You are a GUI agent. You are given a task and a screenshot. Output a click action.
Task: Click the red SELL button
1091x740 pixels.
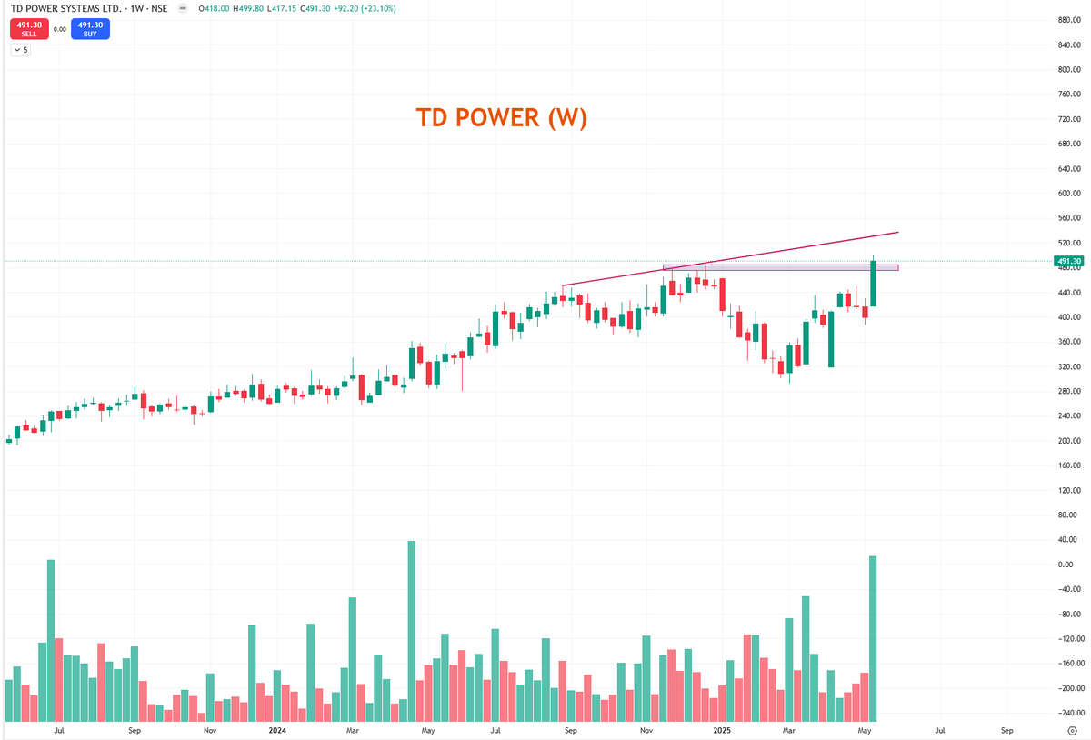tap(28, 29)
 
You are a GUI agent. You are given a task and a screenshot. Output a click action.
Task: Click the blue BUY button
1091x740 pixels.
tap(90, 29)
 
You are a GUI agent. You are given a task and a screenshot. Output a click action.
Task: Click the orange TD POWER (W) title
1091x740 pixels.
tap(501, 118)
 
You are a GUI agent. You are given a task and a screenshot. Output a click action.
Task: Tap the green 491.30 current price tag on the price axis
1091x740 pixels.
tap(1068, 262)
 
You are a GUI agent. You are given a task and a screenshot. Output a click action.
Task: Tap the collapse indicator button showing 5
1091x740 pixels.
tap(20, 50)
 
